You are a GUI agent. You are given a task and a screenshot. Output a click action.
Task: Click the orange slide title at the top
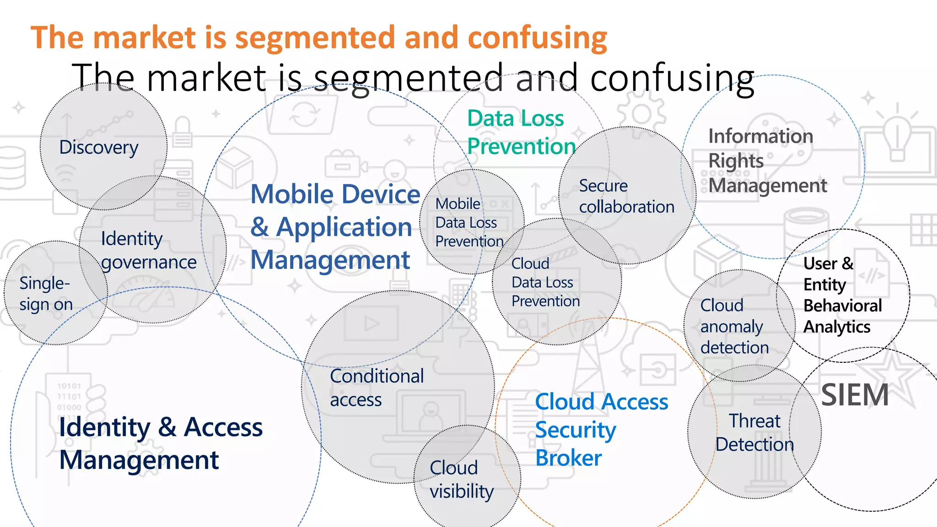point(318,38)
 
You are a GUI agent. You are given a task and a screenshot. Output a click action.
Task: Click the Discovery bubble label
point(99,148)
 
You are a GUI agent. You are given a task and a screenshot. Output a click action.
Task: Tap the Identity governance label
point(148,250)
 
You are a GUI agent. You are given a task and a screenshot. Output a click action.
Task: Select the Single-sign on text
point(46,294)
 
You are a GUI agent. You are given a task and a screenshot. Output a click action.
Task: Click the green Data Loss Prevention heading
point(521,132)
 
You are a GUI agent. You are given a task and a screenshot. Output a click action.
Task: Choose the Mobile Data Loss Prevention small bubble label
point(468,223)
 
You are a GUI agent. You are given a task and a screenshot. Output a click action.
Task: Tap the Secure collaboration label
point(626,196)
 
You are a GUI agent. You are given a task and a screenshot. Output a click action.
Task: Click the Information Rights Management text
point(767,161)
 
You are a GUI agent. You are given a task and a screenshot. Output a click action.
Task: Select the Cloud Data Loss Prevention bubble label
point(545,282)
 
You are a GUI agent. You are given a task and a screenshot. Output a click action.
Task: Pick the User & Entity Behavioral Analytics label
point(842,295)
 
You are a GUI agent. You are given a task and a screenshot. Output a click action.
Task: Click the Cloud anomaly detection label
point(734,326)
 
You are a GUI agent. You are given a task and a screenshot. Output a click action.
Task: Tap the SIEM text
point(855,395)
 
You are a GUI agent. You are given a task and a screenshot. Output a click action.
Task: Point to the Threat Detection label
point(755,433)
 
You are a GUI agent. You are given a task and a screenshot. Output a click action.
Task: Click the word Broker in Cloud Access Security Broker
point(568,458)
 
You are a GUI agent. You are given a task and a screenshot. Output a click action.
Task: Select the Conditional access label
point(377,388)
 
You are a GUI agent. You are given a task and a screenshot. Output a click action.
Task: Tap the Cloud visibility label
point(461,479)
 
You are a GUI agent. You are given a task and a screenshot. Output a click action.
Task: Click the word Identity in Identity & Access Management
point(104,427)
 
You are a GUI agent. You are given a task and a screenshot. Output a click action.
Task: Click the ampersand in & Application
point(260,227)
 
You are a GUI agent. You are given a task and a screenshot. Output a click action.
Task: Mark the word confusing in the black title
point(672,79)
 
